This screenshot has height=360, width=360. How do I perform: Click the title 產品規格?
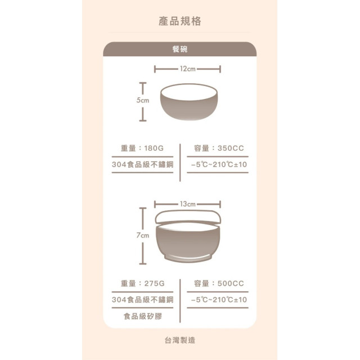tap(179, 21)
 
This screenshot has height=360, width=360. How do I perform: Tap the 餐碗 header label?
tap(179, 49)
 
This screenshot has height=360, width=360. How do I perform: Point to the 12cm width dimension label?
tap(187, 69)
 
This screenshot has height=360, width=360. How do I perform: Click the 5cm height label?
tap(143, 100)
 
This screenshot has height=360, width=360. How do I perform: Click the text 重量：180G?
tap(142, 148)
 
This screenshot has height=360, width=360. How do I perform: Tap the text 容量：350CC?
tap(218, 148)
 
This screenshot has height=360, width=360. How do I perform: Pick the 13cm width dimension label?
tap(187, 203)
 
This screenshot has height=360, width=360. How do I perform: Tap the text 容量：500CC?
tap(218, 283)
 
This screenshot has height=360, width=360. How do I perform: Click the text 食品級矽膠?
tap(142, 316)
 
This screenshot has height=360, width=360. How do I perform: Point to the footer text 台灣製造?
tap(180, 340)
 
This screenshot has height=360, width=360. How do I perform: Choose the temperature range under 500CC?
tap(218, 300)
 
